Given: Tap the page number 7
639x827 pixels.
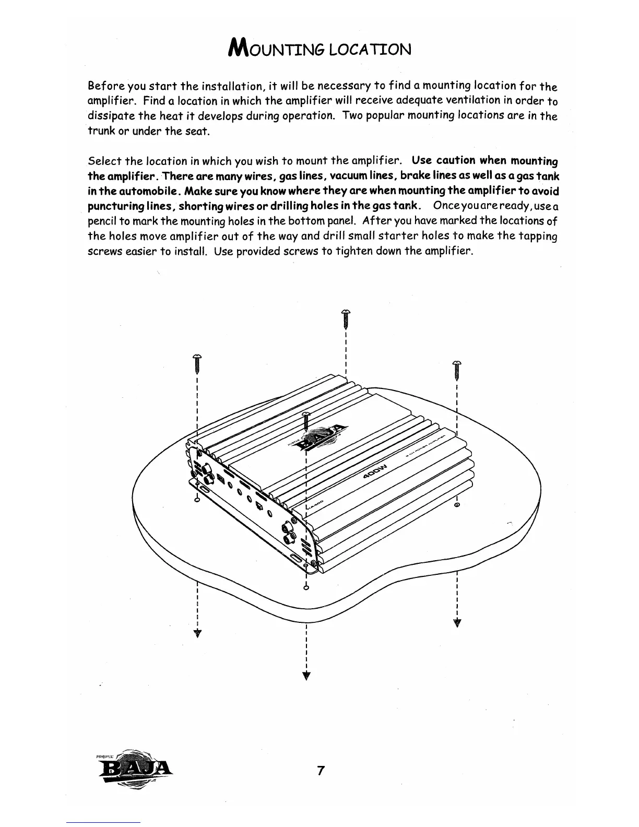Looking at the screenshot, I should [321, 770].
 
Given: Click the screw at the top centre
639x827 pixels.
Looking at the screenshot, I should [345, 319].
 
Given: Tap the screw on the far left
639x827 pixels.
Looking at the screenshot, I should [197, 363].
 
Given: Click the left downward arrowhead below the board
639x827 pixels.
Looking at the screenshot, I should [197, 633].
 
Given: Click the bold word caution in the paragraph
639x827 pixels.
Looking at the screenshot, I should [456, 160].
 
